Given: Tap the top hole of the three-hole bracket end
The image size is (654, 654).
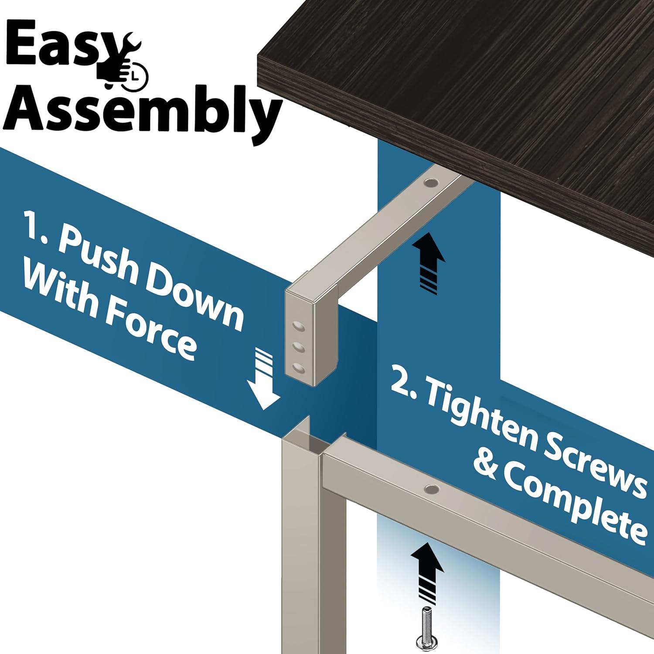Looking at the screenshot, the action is [298, 326].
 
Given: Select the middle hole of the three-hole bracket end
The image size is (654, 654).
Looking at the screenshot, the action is [298, 347].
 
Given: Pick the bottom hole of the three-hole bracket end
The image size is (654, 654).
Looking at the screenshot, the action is [299, 369].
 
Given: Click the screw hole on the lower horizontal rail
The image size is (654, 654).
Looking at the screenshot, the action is [432, 489].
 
